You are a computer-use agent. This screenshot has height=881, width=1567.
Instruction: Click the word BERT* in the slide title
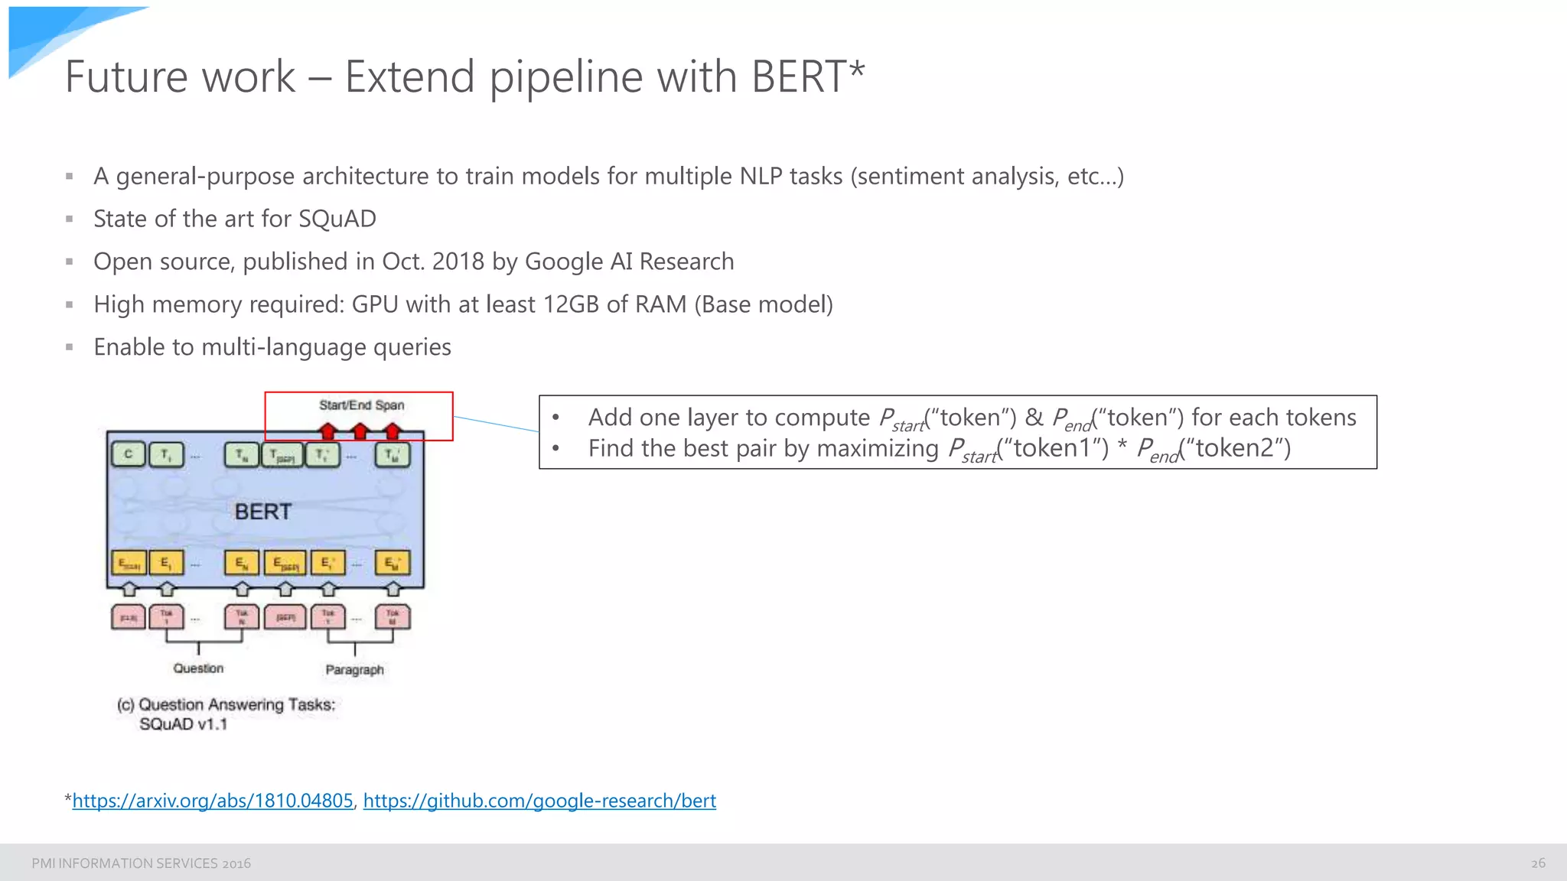(x=807, y=76)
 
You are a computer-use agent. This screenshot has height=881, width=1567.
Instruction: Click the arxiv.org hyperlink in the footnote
(x=213, y=801)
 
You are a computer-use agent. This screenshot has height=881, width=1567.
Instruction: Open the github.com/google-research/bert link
(x=539, y=801)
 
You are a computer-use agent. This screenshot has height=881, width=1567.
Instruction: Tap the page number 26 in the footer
(x=1538, y=863)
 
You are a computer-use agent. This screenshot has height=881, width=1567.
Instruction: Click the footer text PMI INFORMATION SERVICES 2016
(x=141, y=863)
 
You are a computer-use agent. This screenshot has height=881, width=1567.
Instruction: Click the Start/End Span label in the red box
(x=361, y=405)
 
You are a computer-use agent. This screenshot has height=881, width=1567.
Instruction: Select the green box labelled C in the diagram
(x=128, y=454)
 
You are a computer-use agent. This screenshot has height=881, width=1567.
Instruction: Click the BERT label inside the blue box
(x=262, y=512)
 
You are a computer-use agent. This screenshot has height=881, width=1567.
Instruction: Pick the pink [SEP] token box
(x=285, y=617)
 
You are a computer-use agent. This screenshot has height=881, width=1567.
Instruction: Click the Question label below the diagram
(x=198, y=668)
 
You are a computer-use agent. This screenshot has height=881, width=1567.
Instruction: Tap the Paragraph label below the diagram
(x=354, y=670)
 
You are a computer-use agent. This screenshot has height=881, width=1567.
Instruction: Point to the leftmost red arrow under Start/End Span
(x=328, y=431)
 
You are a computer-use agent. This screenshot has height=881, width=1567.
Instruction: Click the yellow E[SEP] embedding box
(x=285, y=564)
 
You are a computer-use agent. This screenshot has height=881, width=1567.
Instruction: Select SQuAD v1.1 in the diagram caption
(x=183, y=724)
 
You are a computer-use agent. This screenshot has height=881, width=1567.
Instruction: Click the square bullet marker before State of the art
(x=70, y=219)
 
